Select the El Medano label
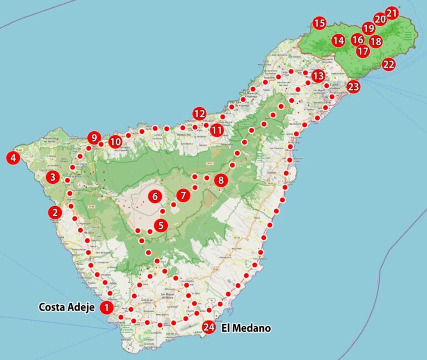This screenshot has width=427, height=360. tap(246, 328)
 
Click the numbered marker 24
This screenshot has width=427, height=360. tap(209, 327)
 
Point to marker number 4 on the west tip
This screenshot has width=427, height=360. tap(12, 158)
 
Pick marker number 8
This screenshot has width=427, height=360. tap(221, 180)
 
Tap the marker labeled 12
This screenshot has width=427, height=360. tap(199, 114)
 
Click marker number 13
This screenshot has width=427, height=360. tap(318, 76)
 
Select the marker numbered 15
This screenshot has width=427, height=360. tap(319, 23)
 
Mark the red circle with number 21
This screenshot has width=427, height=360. tap(392, 13)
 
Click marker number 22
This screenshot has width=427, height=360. tap(389, 64)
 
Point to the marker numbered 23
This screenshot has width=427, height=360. tap(354, 87)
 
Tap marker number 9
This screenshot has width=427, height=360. tap(95, 137)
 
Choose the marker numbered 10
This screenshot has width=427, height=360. tap(115, 142)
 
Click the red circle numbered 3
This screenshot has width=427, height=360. tap(53, 178)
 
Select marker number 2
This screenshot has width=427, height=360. tap(54, 212)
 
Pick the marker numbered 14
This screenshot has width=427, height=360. tap(339, 41)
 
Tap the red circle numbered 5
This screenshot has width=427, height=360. tap(161, 225)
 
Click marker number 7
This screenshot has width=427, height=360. tap(183, 196)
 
